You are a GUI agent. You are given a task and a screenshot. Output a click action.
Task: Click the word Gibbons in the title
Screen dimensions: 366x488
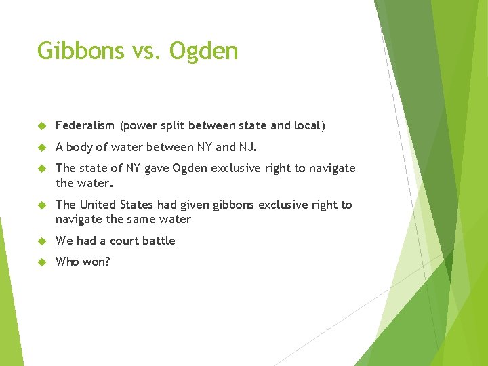pos(79,51)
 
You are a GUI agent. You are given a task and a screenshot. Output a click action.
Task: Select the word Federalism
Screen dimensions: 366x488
pos(85,125)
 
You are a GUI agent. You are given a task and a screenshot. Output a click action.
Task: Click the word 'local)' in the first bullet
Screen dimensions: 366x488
pos(310,125)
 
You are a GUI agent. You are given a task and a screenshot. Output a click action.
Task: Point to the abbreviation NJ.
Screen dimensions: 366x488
pos(247,147)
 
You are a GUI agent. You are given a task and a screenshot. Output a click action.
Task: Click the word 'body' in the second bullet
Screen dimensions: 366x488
pos(80,147)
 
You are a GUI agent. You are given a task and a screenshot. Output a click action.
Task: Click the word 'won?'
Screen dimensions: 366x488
pos(96,262)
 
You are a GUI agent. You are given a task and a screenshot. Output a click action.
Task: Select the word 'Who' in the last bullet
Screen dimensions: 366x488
pos(67,262)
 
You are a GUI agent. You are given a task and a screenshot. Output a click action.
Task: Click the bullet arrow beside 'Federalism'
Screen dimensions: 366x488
pos(41,126)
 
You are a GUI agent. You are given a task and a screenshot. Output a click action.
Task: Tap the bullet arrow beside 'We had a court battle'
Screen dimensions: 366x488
pos(41,241)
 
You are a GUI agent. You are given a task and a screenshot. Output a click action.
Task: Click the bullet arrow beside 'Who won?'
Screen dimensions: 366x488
pos(41,262)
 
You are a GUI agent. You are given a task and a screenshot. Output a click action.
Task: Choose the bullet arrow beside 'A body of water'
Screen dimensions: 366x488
pos(41,148)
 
